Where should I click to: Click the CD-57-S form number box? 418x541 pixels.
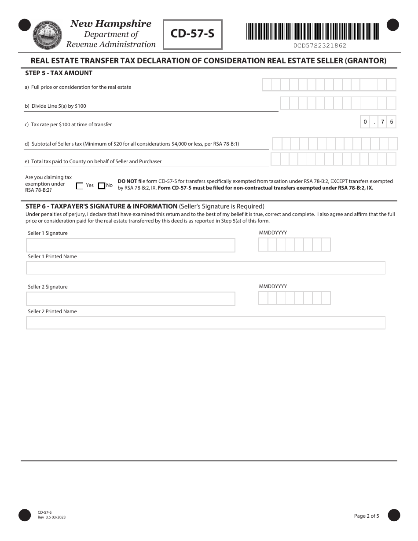click(193, 34)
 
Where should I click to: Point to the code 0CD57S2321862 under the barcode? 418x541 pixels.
click(320, 45)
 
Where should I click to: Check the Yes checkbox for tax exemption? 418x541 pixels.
click(80, 186)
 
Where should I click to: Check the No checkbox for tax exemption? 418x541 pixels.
click(102, 186)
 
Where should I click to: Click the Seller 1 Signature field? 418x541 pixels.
click(131, 245)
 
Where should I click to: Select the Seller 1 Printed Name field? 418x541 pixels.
click(206, 267)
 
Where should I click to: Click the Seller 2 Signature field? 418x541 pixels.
click(131, 299)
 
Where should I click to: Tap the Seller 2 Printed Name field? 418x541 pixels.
click(206, 323)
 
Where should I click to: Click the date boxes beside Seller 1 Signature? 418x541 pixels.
click(294, 245)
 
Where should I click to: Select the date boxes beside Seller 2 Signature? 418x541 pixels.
click(294, 298)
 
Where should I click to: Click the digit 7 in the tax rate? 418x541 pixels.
click(383, 122)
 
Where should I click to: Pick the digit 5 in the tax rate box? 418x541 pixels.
click(392, 122)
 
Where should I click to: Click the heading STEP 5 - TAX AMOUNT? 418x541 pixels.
click(59, 73)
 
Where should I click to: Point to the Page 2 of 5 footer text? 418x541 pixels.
click(367, 516)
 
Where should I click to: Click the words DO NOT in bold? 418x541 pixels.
click(127, 181)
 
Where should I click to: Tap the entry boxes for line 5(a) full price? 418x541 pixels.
click(329, 84)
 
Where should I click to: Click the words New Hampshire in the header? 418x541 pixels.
click(111, 24)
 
